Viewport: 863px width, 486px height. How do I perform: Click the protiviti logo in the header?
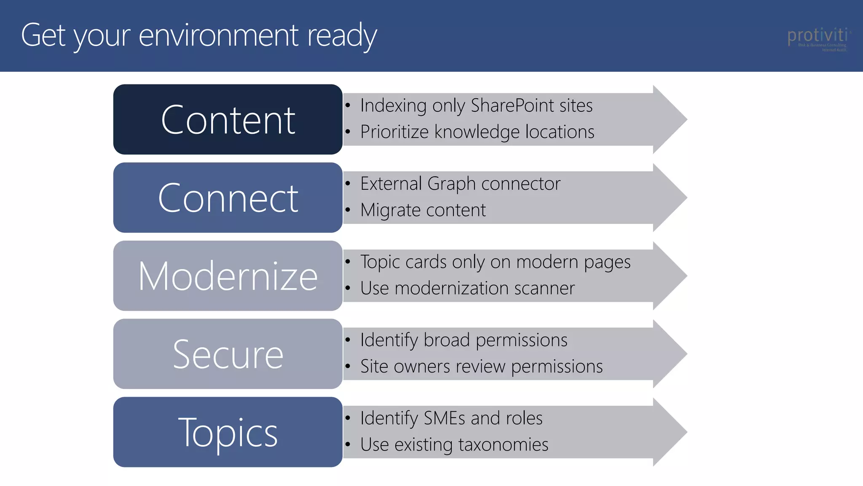(817, 38)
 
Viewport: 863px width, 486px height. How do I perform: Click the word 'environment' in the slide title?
(218, 35)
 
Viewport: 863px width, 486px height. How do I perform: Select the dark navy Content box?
(228, 119)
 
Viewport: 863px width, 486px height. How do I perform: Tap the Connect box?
(228, 197)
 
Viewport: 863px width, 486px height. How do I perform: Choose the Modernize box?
(228, 276)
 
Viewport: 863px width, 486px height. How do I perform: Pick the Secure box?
(228, 354)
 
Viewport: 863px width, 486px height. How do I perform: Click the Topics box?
(228, 432)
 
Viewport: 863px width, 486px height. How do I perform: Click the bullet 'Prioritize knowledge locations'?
(477, 132)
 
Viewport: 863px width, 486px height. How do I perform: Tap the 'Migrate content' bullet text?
(423, 210)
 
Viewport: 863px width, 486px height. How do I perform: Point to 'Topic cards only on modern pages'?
(495, 262)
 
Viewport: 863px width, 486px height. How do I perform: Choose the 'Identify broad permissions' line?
(464, 340)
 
